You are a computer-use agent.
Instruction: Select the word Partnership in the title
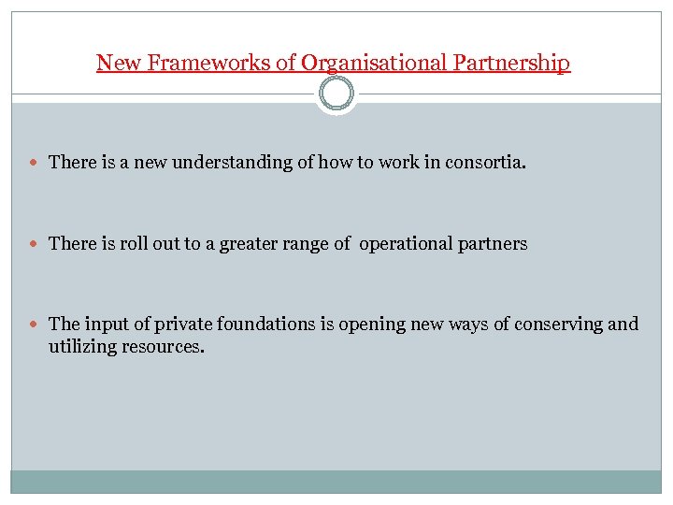point(511,63)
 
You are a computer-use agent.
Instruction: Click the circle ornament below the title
point(336,94)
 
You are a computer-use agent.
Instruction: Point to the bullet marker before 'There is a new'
point(36,163)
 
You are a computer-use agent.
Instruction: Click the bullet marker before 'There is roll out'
point(36,244)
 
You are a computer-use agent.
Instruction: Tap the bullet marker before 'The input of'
point(36,325)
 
